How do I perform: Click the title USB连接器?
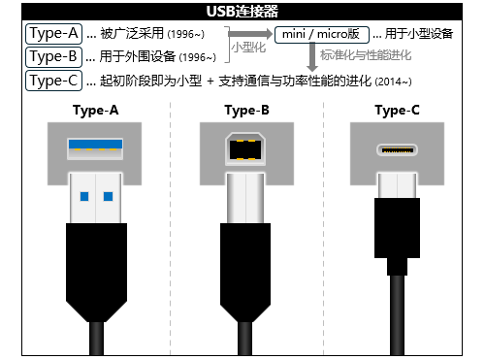(x=242, y=12)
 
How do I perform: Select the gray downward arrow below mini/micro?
(x=311, y=58)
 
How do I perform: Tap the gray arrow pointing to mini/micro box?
(x=254, y=35)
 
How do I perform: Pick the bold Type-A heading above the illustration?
(x=96, y=110)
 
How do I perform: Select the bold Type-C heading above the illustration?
(x=398, y=110)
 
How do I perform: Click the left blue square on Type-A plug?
(x=83, y=197)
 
